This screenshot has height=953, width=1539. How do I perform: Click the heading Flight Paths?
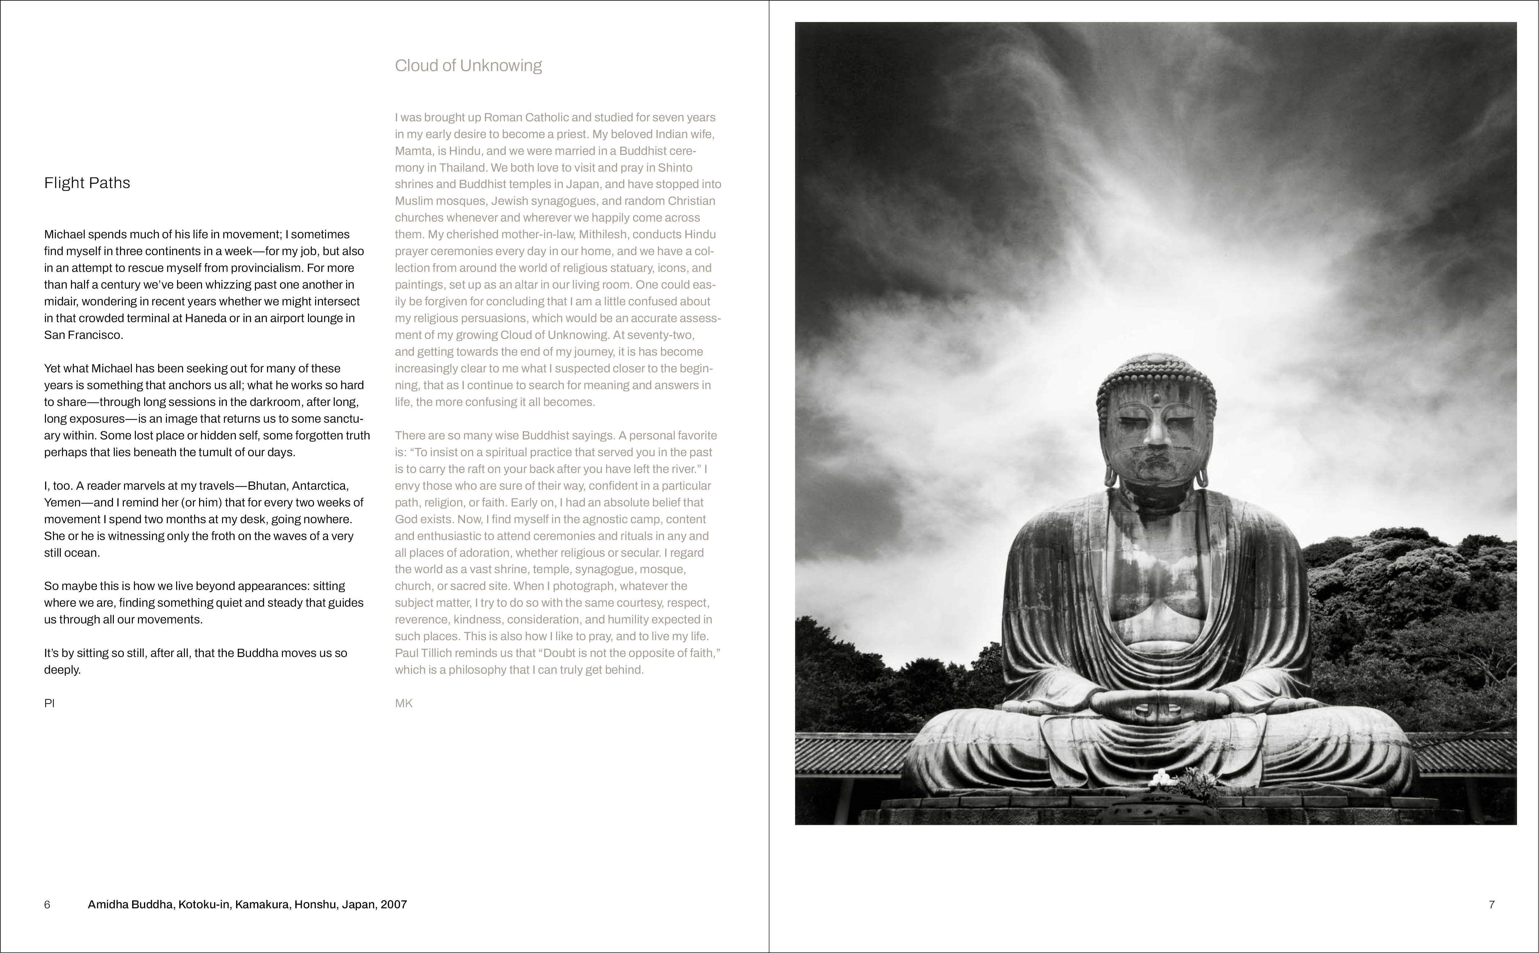(x=87, y=183)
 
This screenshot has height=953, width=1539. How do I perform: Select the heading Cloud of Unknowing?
(x=468, y=65)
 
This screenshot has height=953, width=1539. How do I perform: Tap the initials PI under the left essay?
(x=49, y=704)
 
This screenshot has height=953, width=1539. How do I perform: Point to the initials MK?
(x=404, y=704)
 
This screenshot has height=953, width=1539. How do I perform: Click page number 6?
(x=47, y=905)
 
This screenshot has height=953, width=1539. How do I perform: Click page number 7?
(x=1491, y=905)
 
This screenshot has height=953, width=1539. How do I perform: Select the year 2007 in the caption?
(x=394, y=905)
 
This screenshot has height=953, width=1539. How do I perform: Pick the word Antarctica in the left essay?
(x=320, y=486)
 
